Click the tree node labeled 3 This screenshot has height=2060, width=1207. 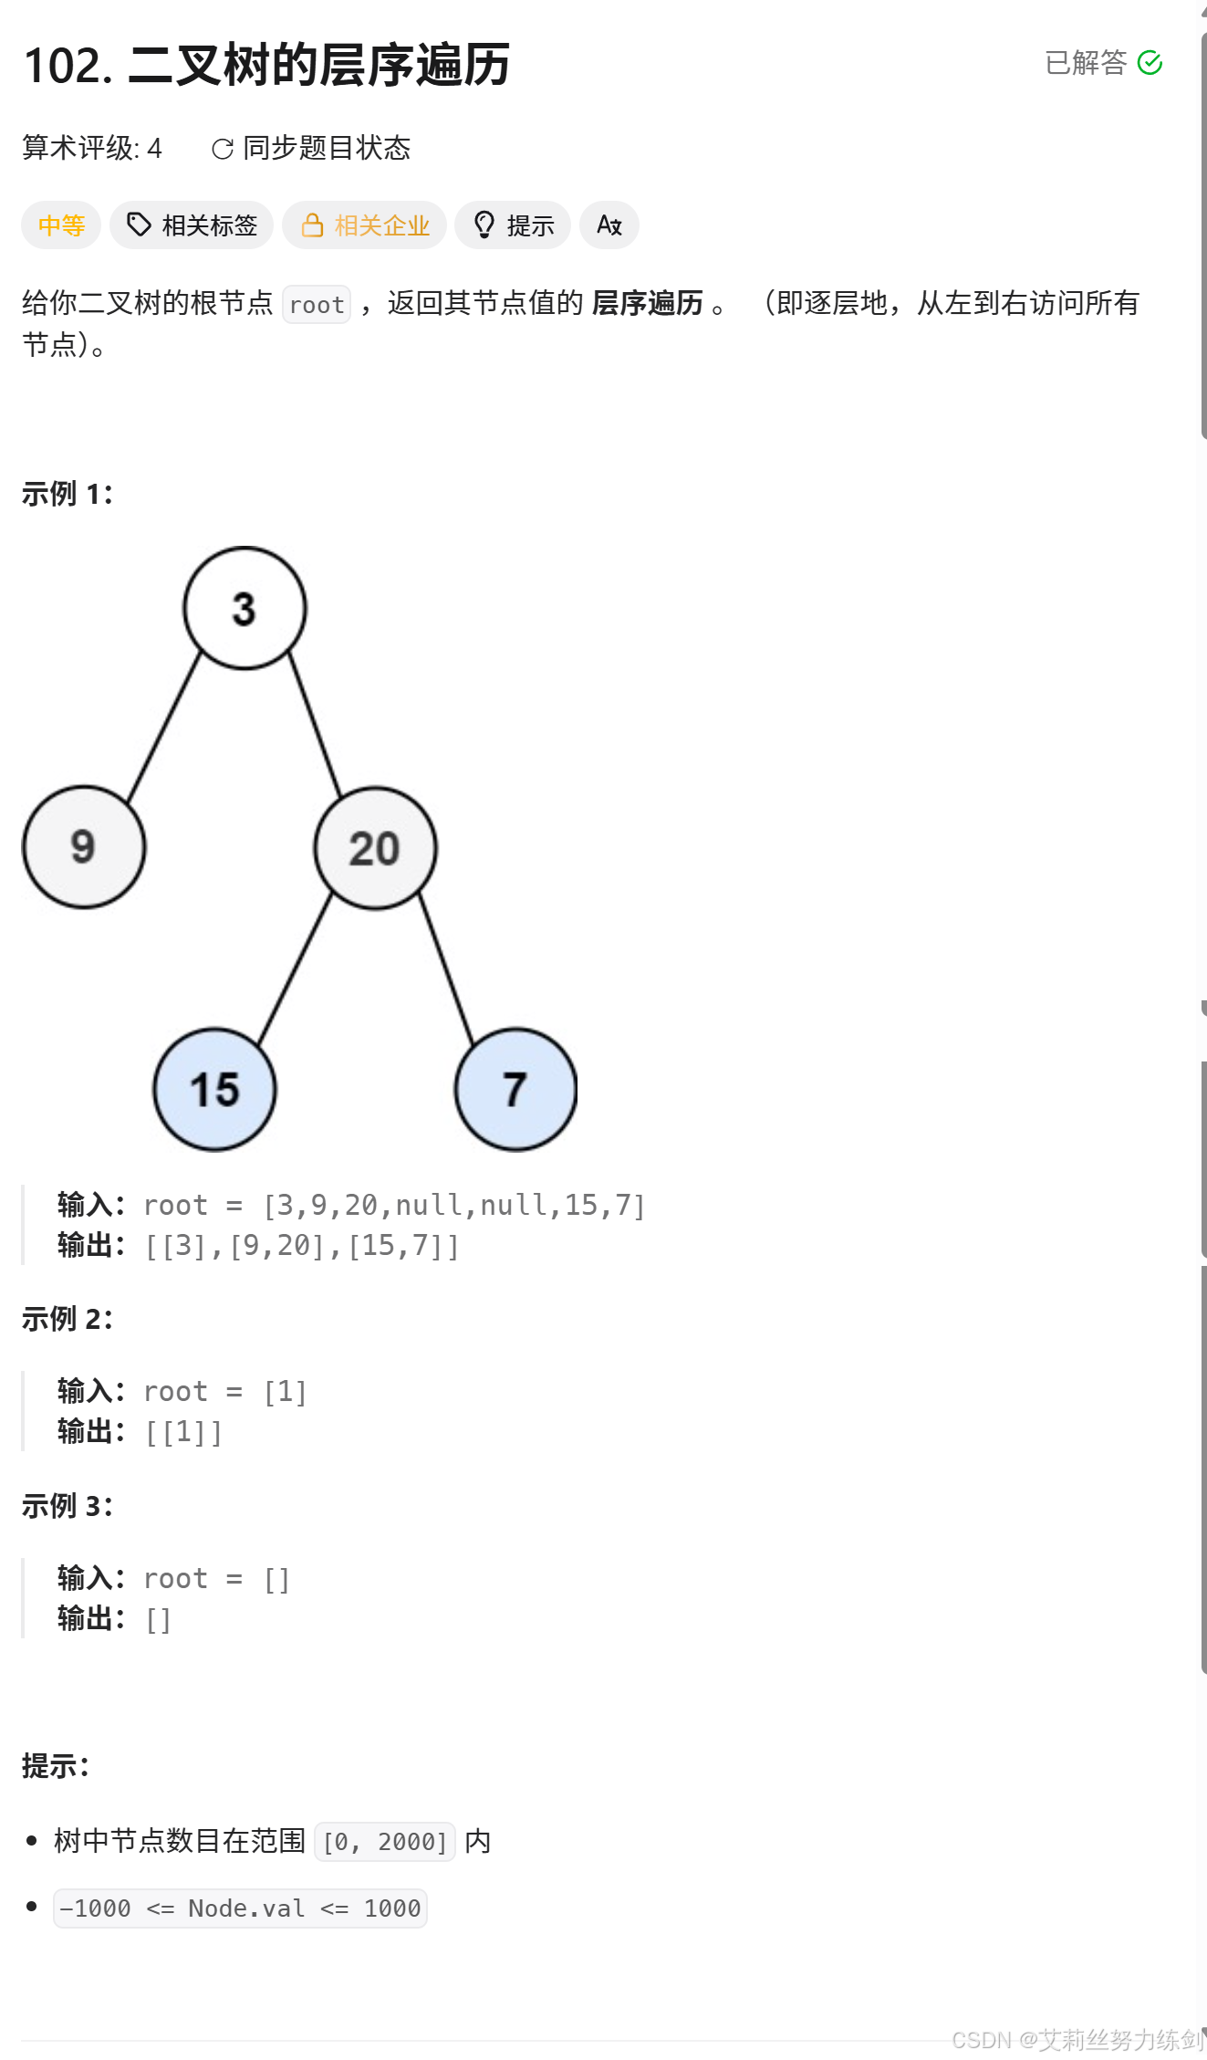click(245, 609)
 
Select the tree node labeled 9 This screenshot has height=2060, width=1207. click(84, 847)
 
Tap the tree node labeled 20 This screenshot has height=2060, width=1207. click(375, 848)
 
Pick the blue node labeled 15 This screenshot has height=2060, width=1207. click(214, 1089)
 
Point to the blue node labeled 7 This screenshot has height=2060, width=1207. click(515, 1089)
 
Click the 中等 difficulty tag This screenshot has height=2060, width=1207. click(61, 225)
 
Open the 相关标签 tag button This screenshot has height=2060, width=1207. click(192, 225)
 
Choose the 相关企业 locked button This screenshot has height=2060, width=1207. click(364, 225)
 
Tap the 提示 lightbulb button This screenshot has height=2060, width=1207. click(513, 225)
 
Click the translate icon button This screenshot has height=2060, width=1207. click(609, 225)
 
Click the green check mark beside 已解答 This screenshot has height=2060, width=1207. click(1150, 63)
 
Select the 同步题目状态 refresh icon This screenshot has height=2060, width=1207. click(222, 149)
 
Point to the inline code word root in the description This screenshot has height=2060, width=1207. click(317, 305)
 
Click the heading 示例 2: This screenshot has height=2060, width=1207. click(67, 1319)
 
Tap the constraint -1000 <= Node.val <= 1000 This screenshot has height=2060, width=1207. click(240, 1908)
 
